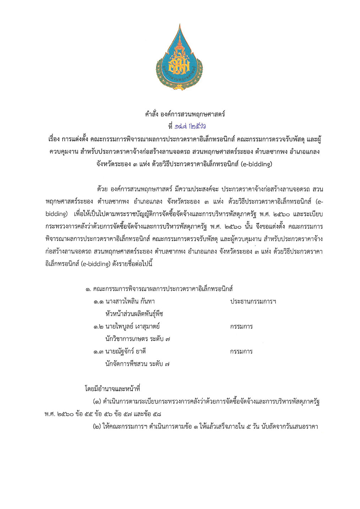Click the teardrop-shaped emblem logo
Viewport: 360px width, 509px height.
tap(179, 59)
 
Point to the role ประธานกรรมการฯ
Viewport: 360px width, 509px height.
tap(253, 302)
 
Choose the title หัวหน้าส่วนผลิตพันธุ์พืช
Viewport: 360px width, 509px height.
tap(134, 314)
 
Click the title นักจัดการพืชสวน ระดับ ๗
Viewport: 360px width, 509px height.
tap(137, 364)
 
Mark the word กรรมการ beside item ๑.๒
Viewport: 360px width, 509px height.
tap(241, 326)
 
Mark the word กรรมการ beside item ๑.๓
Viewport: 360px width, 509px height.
tap(241, 352)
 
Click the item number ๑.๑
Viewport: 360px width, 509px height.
tap(98, 302)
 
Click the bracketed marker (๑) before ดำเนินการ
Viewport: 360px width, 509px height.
tap(97, 402)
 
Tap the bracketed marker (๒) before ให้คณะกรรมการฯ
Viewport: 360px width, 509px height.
tap(97, 427)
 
